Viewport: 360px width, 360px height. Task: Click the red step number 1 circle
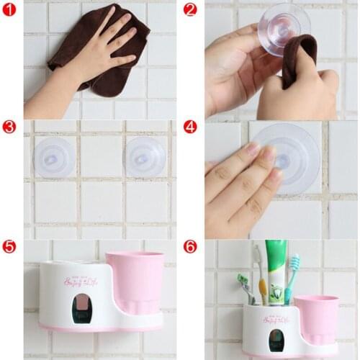tap(9, 9)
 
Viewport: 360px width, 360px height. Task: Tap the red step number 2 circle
tap(190, 9)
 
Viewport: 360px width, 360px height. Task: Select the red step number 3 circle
tap(9, 127)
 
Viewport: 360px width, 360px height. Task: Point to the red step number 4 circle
tap(190, 127)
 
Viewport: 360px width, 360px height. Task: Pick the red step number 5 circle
tap(9, 246)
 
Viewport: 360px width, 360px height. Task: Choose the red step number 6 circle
tap(190, 246)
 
